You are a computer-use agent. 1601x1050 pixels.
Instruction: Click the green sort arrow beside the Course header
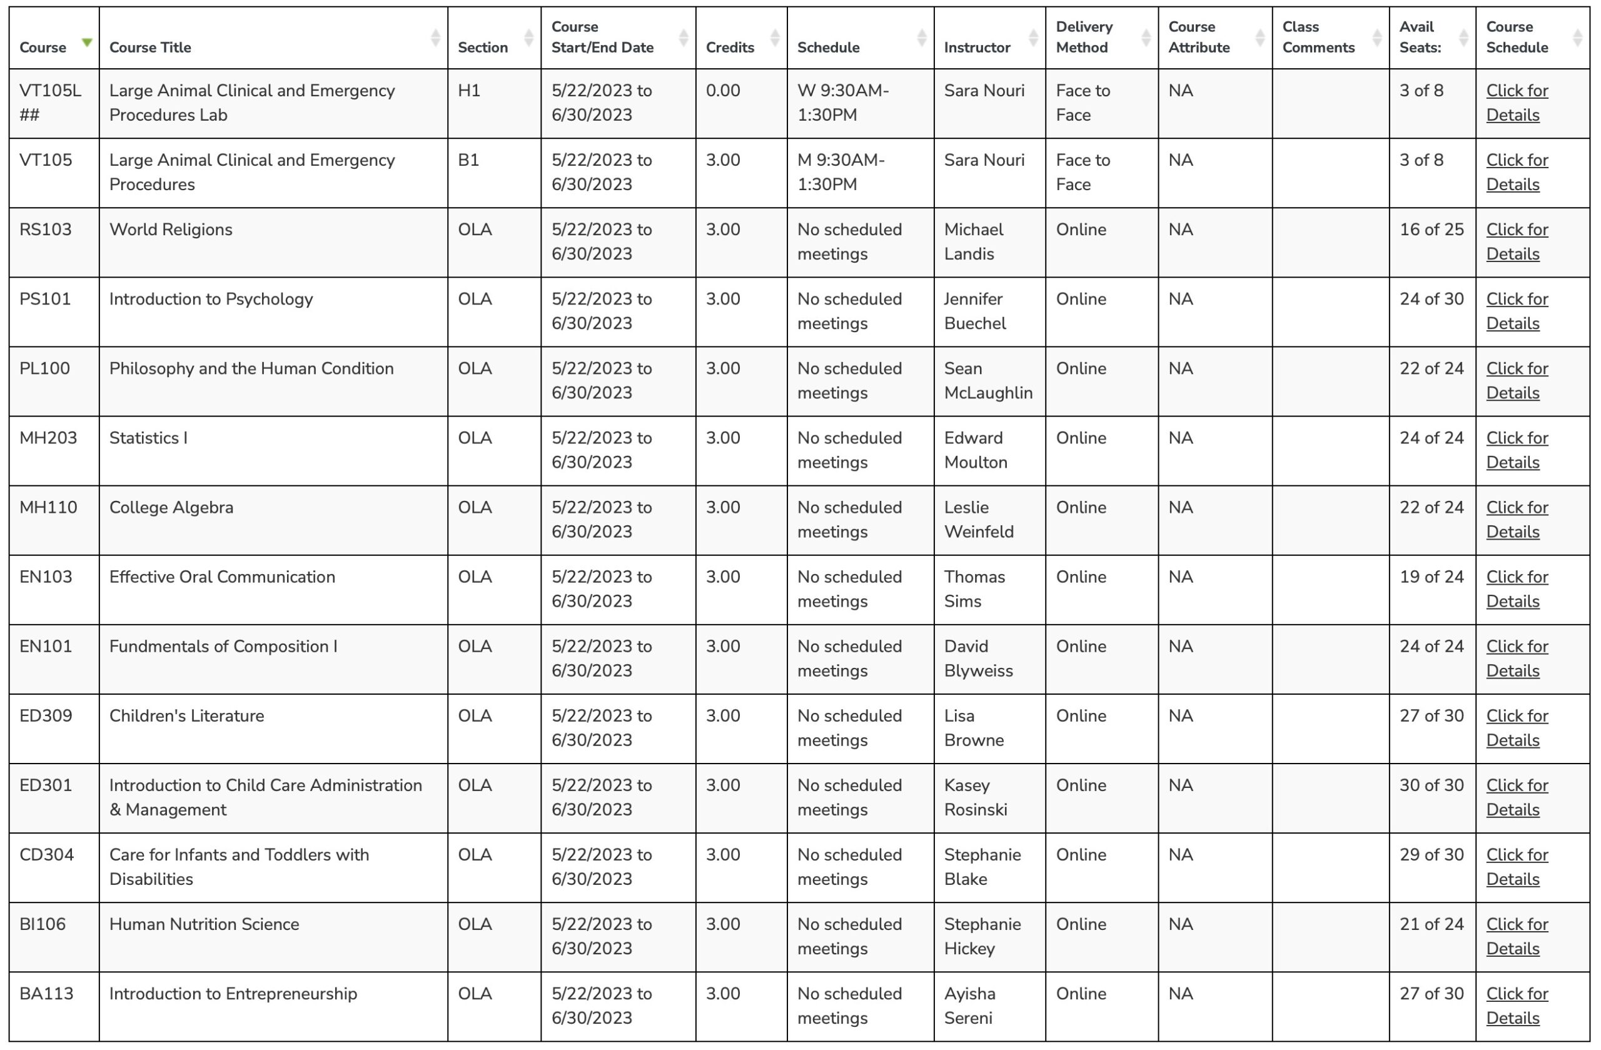point(87,43)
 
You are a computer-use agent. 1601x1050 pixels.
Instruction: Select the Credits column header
point(729,48)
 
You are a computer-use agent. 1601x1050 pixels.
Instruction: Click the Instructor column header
point(977,48)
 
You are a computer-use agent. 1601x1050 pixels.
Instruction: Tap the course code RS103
point(46,230)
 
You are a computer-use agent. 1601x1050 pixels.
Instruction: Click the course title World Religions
point(171,230)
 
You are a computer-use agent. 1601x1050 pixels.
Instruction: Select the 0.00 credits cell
point(722,91)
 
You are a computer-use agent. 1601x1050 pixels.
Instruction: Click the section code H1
point(469,91)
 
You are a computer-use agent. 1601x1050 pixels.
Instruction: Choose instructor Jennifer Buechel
point(975,311)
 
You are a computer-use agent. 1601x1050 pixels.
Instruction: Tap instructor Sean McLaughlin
point(987,381)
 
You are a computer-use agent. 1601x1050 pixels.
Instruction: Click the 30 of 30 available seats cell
point(1431,785)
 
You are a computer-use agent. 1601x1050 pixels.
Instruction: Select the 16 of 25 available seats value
point(1431,230)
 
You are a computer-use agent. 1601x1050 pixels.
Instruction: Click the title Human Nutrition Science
point(204,924)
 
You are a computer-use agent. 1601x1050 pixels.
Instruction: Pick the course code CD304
point(46,855)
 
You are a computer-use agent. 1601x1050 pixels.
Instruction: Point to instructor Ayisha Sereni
point(969,1006)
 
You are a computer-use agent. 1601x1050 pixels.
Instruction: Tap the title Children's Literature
point(186,715)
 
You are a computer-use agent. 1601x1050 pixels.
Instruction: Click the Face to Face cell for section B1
point(1083,172)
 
